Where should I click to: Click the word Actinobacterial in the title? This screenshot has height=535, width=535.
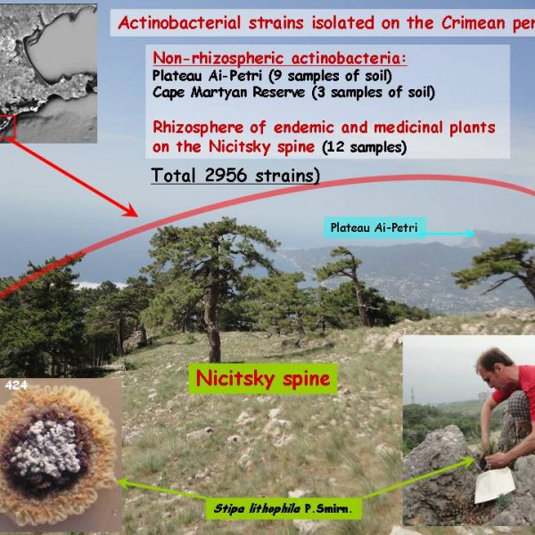point(179,23)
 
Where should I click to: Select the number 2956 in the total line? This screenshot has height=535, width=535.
point(226,176)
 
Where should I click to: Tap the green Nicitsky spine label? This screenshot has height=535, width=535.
point(263,379)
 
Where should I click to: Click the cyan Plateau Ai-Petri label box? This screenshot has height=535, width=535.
point(374,227)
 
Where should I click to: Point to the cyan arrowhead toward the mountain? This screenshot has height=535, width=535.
point(471,234)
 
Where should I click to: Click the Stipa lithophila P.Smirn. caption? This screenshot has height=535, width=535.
point(283,509)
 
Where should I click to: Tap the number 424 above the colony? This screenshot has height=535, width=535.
point(16,385)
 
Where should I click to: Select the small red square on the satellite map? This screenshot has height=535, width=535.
point(7,127)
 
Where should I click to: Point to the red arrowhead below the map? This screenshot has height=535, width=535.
point(131,210)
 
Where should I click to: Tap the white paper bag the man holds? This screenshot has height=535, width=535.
point(494,484)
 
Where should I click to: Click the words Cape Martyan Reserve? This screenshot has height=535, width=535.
point(228,93)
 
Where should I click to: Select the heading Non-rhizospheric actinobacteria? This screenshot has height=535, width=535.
point(279,58)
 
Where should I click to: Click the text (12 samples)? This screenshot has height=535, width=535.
point(365,147)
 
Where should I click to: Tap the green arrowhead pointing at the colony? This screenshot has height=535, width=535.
point(123,482)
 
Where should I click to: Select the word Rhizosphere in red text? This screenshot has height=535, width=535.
point(198,128)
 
